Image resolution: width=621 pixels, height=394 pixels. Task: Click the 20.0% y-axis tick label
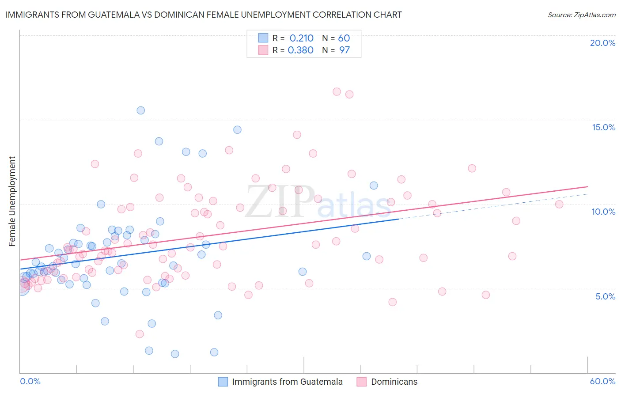[x=602, y=43]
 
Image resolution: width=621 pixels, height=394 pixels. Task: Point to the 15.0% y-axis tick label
[x=603, y=127]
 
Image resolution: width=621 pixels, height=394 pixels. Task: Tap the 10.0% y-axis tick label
[x=603, y=212]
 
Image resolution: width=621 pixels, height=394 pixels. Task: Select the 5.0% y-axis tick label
[x=605, y=296]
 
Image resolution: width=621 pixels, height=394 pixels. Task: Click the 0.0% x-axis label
[x=30, y=381]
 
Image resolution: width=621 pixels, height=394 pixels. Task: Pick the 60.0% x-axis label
[x=602, y=381]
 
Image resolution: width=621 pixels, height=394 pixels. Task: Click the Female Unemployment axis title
[x=12, y=201]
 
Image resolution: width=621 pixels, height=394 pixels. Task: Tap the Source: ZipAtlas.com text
[x=581, y=15]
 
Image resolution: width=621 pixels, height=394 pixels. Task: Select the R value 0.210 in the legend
[x=301, y=38]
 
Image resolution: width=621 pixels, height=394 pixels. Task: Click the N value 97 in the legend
[x=344, y=50]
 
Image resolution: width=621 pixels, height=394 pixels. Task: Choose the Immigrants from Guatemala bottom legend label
[x=287, y=382]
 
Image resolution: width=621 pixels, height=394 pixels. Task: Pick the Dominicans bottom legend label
[x=394, y=382]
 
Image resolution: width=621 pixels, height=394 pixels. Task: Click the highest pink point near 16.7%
[x=337, y=92]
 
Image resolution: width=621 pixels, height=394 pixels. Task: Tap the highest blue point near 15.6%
[x=141, y=110]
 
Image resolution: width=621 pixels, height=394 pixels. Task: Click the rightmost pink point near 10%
[x=559, y=204]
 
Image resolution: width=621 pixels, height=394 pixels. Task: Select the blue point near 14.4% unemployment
[x=237, y=130]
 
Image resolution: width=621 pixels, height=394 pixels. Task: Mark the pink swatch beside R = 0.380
[x=263, y=50]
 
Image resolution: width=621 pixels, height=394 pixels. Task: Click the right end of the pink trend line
[x=587, y=186]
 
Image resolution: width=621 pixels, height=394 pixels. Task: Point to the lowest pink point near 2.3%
[x=140, y=334]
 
